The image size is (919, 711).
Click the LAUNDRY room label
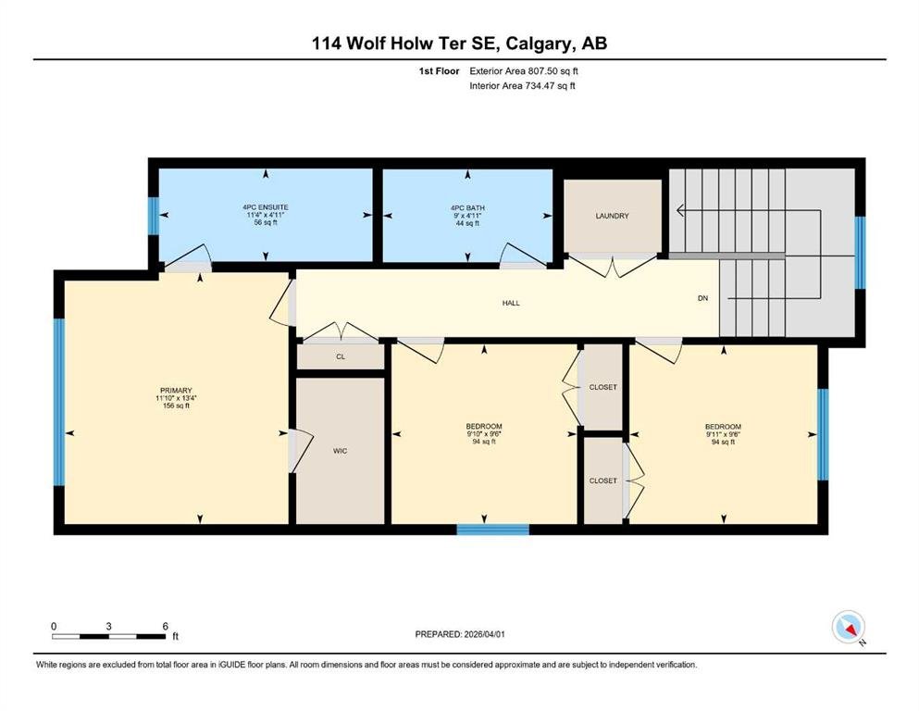pyautogui.click(x=612, y=216)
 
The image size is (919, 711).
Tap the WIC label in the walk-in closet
pyautogui.click(x=340, y=451)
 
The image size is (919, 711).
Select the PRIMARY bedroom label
pyautogui.click(x=176, y=391)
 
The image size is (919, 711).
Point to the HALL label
pyautogui.click(x=511, y=303)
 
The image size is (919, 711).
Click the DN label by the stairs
pyautogui.click(x=702, y=298)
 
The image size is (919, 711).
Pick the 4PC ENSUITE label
pyautogui.click(x=266, y=206)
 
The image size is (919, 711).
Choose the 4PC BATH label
pyautogui.click(x=467, y=207)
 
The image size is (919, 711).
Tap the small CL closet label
pyautogui.click(x=341, y=356)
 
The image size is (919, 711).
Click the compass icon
pyautogui.click(x=849, y=627)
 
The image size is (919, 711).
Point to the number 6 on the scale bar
pyautogui.click(x=166, y=626)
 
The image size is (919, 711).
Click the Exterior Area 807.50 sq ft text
pyautogui.click(x=524, y=71)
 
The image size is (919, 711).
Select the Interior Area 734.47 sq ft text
pyautogui.click(x=522, y=85)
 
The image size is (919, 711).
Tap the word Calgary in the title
pyautogui.click(x=540, y=44)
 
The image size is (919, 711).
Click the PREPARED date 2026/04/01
pyautogui.click(x=484, y=634)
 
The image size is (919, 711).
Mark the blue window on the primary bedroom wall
pyautogui.click(x=58, y=402)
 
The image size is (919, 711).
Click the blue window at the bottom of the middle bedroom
pyautogui.click(x=493, y=530)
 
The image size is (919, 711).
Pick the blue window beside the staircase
pyautogui.click(x=860, y=253)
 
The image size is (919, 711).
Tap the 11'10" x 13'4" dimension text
pyautogui.click(x=176, y=398)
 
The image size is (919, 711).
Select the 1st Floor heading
pyautogui.click(x=439, y=71)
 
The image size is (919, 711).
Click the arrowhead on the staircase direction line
pyautogui.click(x=680, y=210)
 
